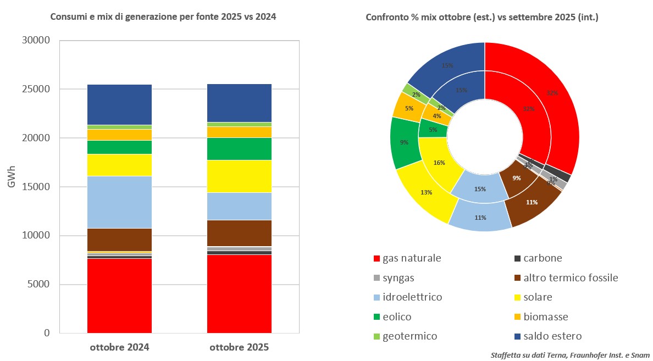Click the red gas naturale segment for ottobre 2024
pos(119,296)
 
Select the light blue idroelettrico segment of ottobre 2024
pos(119,202)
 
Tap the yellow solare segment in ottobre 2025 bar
pos(239,176)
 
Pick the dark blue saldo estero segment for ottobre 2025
pos(239,103)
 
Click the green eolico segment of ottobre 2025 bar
pos(239,148)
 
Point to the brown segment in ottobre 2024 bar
pos(119,239)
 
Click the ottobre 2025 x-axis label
pos(239,348)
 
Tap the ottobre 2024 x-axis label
pos(119,348)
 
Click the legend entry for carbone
pos(543,258)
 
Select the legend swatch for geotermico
pos(377,336)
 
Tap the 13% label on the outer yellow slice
pos(426,192)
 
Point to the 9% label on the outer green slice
pos(404,142)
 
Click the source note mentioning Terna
pos(570,356)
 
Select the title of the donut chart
pos(482,17)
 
